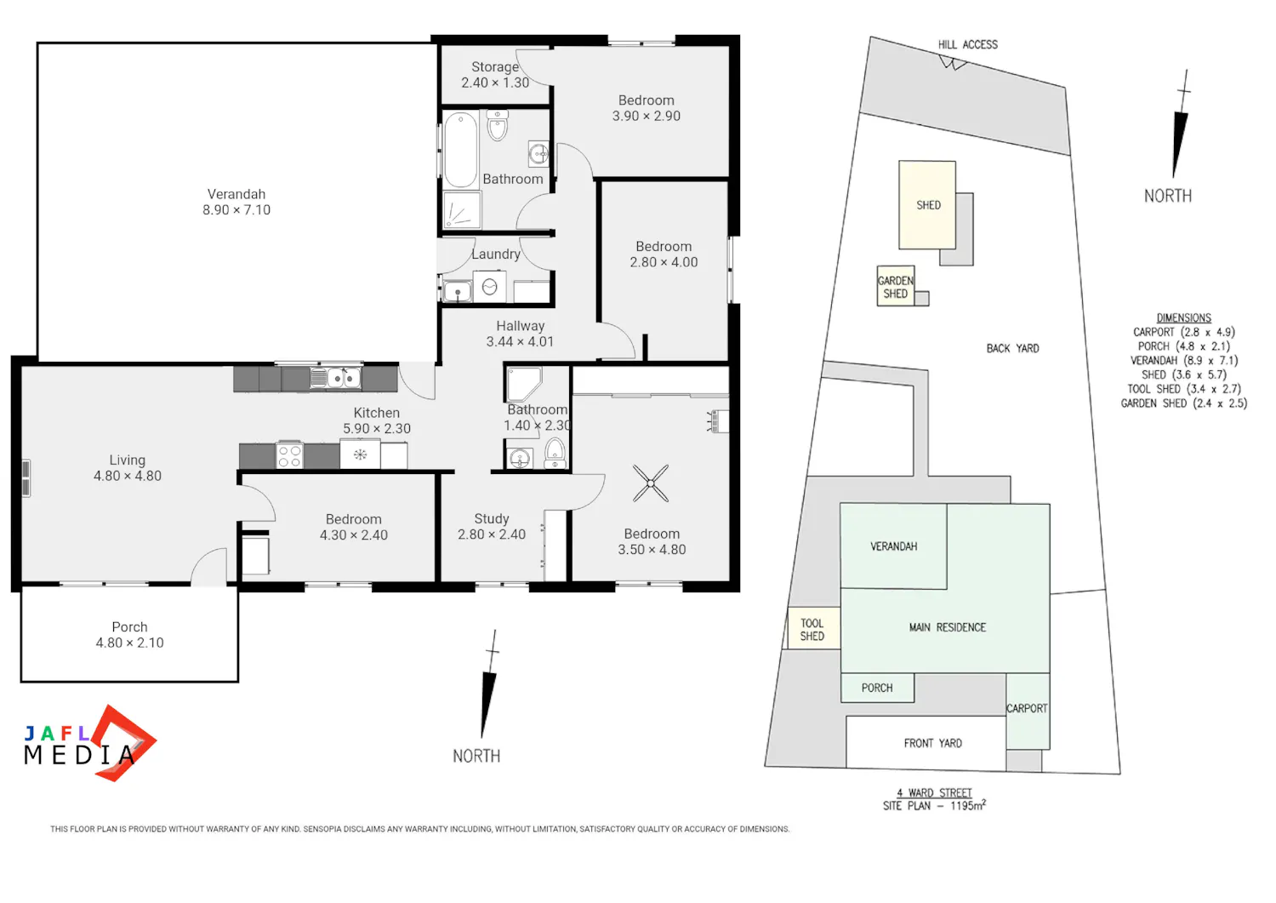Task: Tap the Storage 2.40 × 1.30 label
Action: click(495, 75)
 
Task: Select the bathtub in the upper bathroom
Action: click(461, 149)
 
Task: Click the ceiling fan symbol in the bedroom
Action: click(651, 483)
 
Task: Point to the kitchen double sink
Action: click(335, 377)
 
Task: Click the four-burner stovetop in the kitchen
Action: click(289, 455)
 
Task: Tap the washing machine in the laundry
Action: click(489, 287)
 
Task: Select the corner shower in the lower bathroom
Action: click(524, 384)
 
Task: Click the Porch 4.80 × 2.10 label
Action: click(130, 635)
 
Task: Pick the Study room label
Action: click(492, 518)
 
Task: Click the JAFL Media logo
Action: click(89, 743)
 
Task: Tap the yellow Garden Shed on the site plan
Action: click(896, 286)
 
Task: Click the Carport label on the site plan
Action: click(1027, 708)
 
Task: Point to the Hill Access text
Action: click(968, 44)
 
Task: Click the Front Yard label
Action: click(932, 743)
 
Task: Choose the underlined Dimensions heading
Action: click(1184, 318)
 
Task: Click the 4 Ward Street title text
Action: click(934, 792)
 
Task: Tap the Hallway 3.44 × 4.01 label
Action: click(520, 334)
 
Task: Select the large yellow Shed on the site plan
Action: click(927, 204)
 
